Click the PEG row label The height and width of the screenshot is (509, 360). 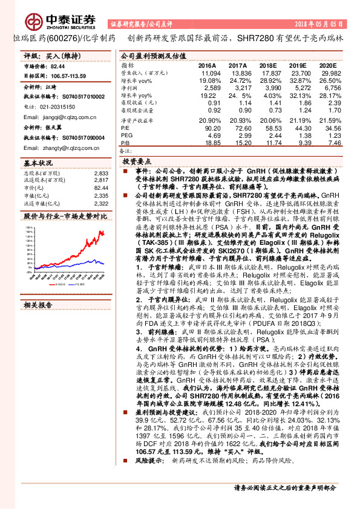coord(126,136)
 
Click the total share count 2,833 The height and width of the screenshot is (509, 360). coord(101,173)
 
